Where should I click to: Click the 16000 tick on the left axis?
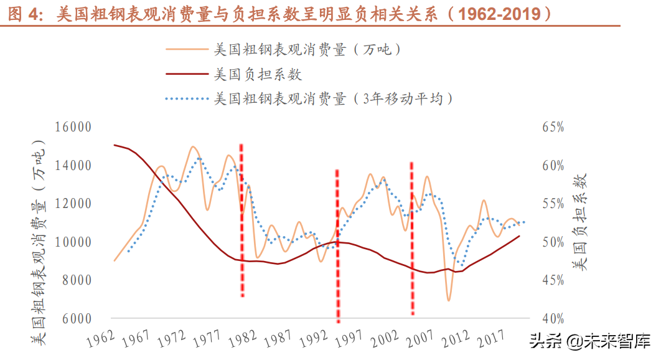tap(73, 127)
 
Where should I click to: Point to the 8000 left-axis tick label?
tap(77, 280)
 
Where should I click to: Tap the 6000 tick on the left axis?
tap(77, 318)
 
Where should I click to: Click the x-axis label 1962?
tap(100, 339)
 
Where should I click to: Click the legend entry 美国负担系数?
tap(258, 75)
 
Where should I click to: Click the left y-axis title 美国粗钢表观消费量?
tap(41, 243)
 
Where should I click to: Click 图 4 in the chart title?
tap(22, 13)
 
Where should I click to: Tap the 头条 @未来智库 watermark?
tap(589, 341)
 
